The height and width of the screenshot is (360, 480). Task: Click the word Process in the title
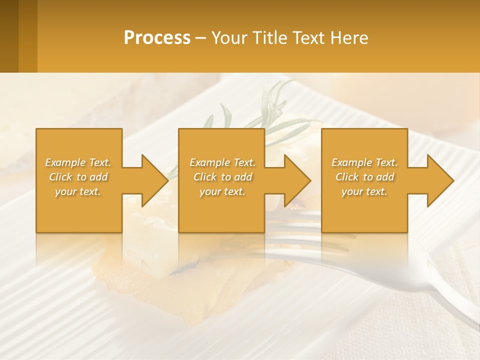(x=157, y=38)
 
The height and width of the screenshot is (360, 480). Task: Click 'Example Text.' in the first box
(x=78, y=162)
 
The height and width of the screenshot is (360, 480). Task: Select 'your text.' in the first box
(x=78, y=191)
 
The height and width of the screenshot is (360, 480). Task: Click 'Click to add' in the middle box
(x=222, y=177)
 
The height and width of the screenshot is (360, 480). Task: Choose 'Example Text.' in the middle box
(x=222, y=162)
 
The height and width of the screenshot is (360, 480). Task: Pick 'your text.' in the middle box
(x=222, y=191)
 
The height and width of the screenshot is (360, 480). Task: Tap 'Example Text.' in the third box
(x=364, y=162)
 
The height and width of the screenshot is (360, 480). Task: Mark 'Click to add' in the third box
(x=364, y=177)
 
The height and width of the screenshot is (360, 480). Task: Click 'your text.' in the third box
(x=364, y=191)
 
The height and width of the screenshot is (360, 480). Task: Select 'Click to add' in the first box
(x=78, y=177)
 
